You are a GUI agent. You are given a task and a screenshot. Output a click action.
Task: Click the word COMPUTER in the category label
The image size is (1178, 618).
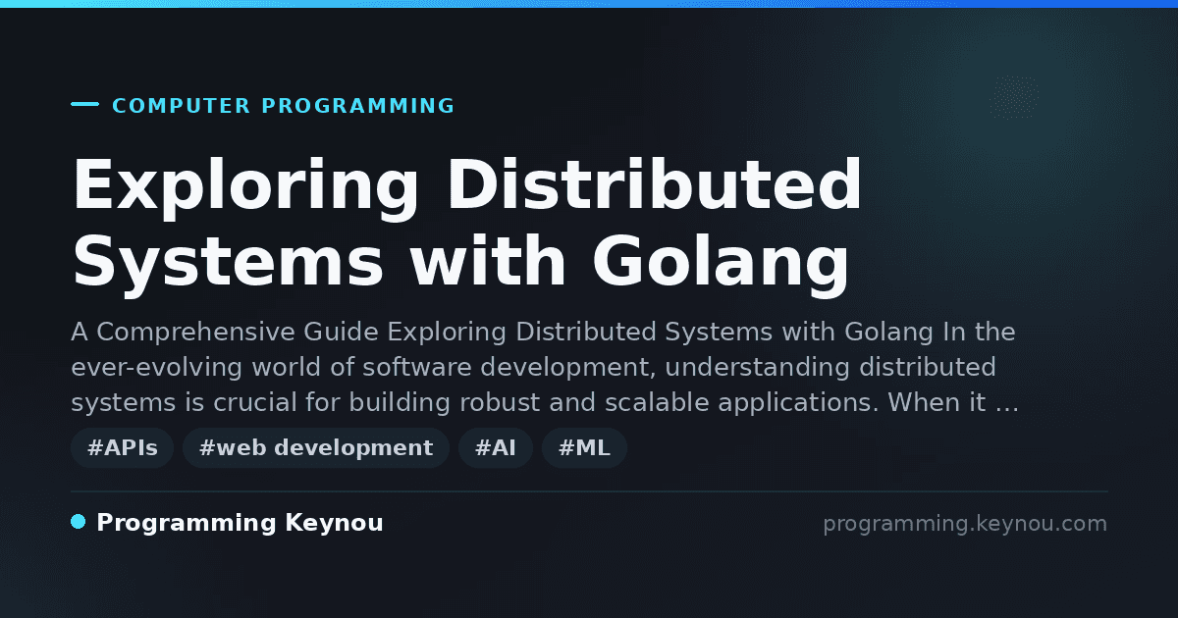[x=181, y=106]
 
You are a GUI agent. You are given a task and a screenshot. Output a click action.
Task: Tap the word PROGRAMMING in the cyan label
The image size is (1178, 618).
[x=357, y=106]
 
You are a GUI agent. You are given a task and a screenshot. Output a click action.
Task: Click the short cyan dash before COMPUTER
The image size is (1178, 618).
[x=84, y=104]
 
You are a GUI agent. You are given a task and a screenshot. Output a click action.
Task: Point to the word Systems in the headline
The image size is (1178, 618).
[x=228, y=261]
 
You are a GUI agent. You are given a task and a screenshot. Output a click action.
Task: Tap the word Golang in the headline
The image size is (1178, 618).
[x=721, y=261]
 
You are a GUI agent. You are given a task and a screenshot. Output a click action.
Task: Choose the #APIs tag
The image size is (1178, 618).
[x=122, y=447]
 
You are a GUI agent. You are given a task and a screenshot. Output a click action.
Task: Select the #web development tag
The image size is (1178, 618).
[x=315, y=447]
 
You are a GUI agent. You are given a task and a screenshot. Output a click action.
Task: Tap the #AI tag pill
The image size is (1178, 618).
[x=496, y=447]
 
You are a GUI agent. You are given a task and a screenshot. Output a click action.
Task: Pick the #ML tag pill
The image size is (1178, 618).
[x=584, y=447]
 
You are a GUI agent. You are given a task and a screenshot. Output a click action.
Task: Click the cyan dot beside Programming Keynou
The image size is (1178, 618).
[x=78, y=522]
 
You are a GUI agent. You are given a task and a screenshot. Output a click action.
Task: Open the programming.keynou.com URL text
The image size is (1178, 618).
[x=965, y=524]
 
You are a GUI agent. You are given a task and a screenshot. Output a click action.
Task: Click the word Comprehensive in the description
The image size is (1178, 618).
[x=195, y=333]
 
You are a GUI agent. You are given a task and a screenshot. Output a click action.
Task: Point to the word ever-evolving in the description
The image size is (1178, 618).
[x=157, y=367]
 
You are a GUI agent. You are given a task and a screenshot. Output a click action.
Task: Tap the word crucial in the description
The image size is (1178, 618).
[x=255, y=402]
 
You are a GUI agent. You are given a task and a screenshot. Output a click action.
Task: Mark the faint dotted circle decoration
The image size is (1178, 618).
[x=1014, y=97]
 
